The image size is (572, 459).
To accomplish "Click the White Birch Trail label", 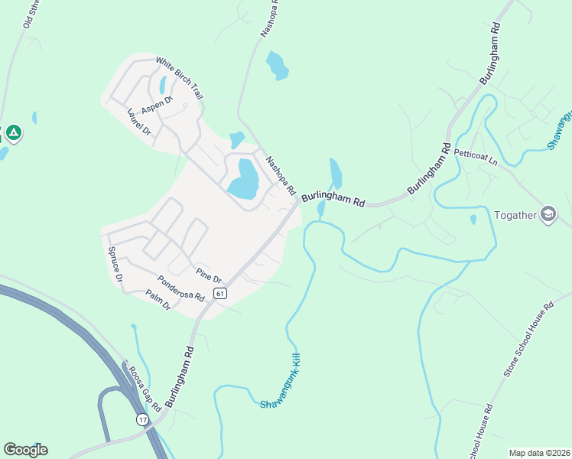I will pos(180,78).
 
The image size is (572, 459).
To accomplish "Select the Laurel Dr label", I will pos(140,122).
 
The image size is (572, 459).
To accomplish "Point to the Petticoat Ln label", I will pos(475,157).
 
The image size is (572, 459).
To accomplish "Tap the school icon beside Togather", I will pos(548,214).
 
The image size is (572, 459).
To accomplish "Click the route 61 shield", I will pos(220,294).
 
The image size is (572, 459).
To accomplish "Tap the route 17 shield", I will pos(143,420).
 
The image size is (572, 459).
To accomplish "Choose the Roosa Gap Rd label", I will pos(144,387).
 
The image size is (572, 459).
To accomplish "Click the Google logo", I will pos(25,450).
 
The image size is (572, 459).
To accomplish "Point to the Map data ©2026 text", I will pos(538,453).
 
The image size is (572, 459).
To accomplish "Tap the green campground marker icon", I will pos(13,134).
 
